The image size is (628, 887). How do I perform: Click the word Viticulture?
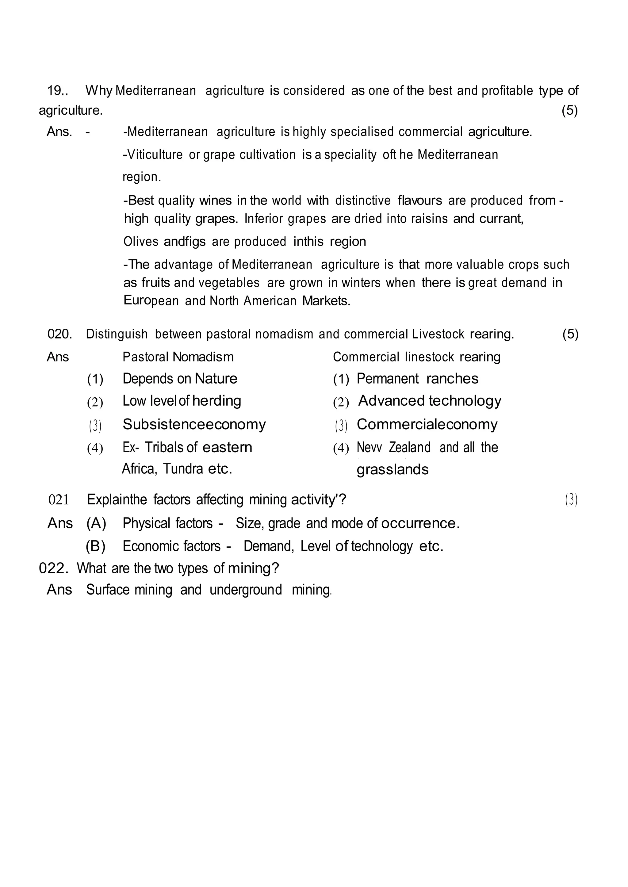click(153, 155)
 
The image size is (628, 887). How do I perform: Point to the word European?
click(151, 301)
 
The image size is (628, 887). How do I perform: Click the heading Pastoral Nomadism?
click(178, 357)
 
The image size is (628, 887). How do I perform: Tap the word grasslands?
click(392, 470)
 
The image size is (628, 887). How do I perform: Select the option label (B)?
click(95, 546)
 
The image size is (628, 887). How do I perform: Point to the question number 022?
click(53, 568)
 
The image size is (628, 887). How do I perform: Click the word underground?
click(246, 590)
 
